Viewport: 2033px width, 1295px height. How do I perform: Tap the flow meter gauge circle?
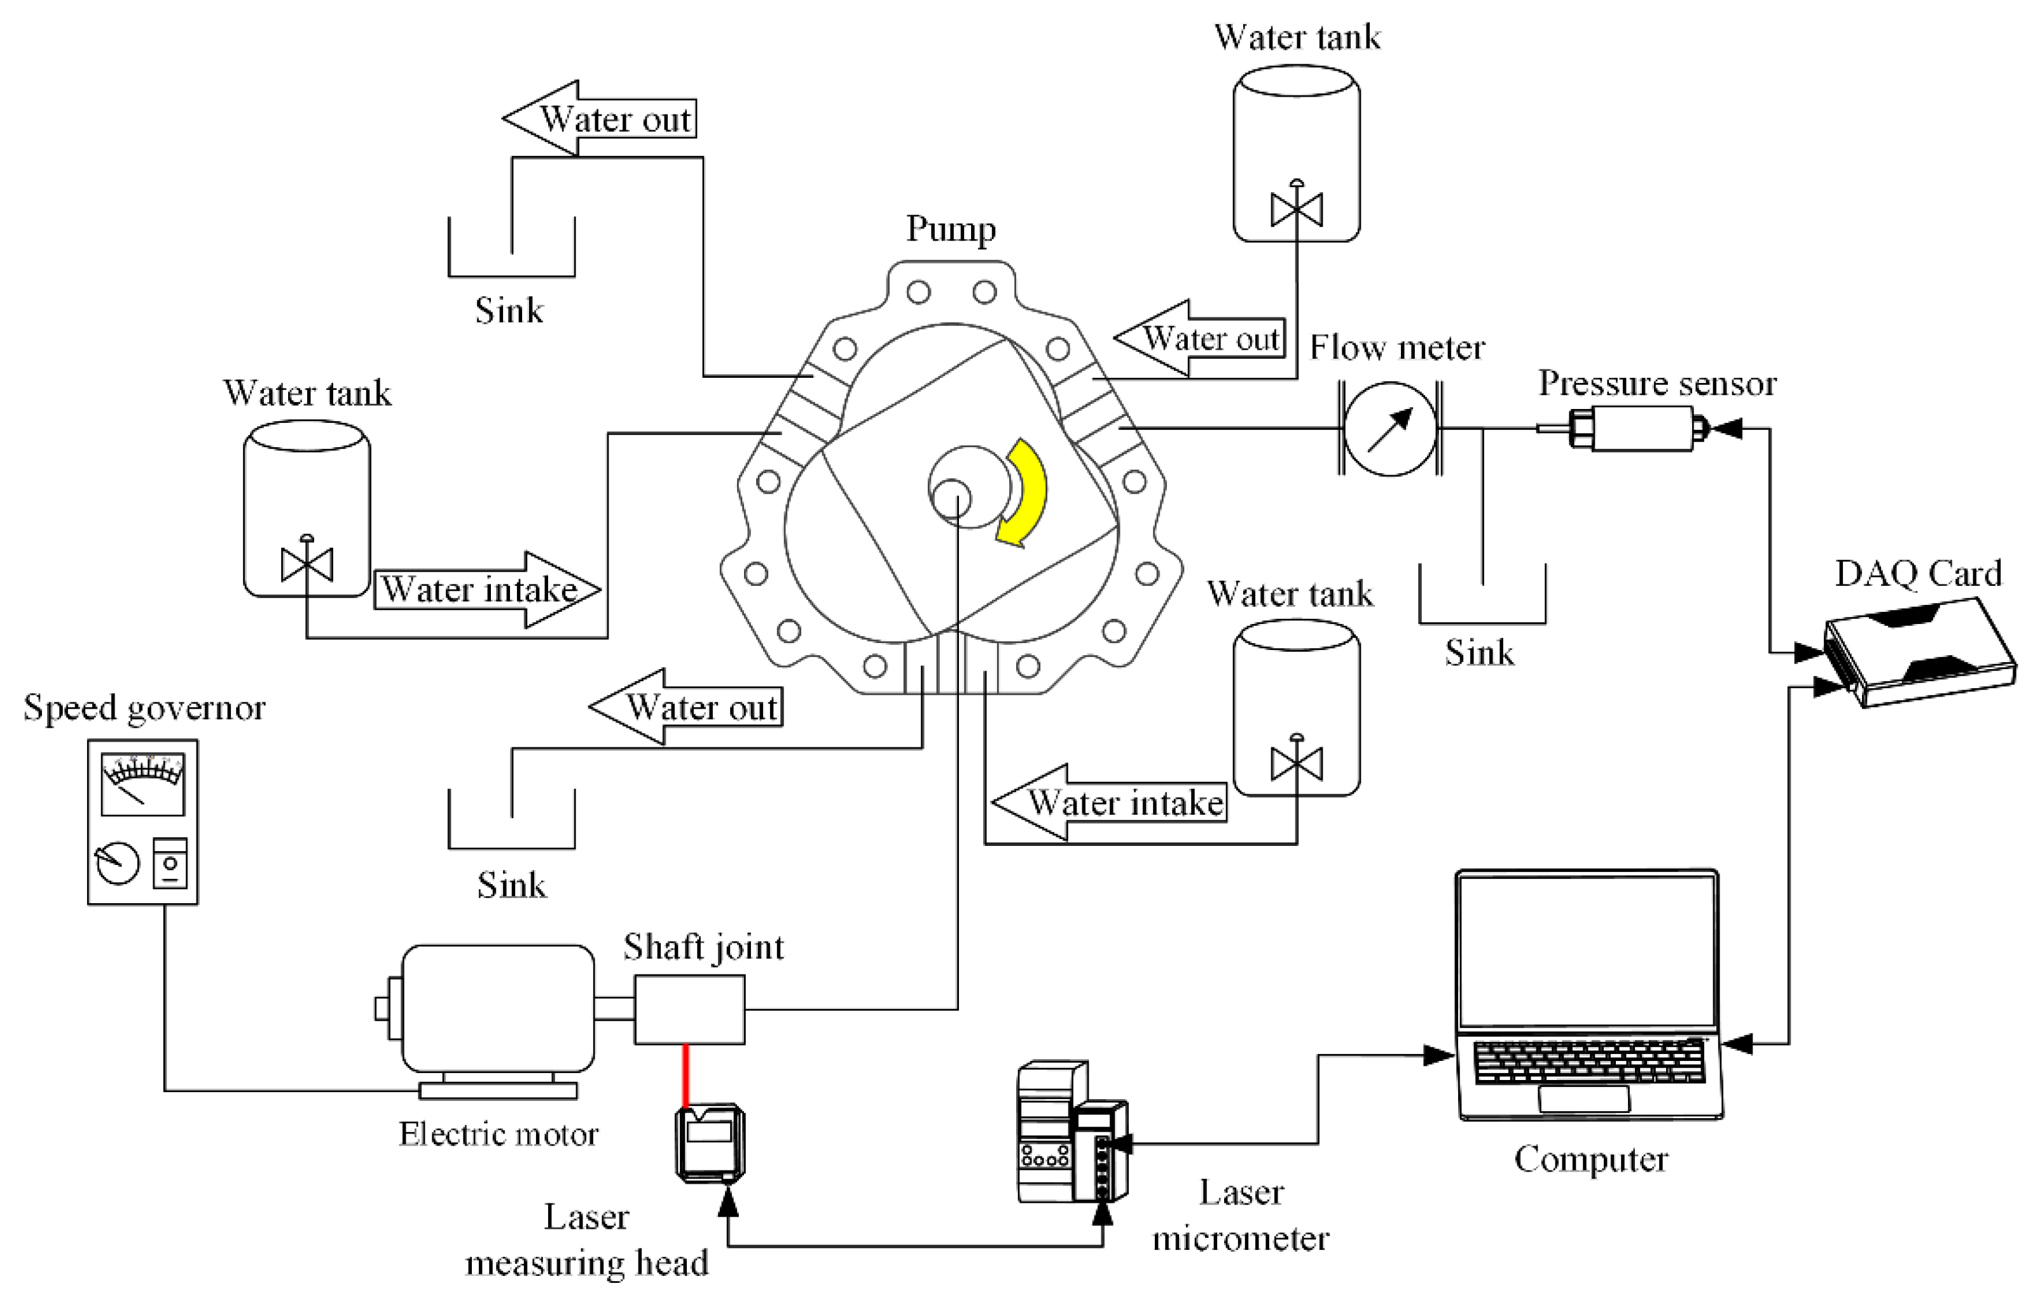(1389, 428)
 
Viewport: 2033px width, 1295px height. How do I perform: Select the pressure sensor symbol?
(1634, 428)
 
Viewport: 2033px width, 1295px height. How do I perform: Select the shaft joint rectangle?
(689, 1009)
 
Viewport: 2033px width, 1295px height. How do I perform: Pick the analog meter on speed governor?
(142, 784)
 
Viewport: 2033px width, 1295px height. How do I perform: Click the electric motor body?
(498, 1009)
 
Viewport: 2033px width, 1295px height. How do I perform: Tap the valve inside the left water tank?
(307, 564)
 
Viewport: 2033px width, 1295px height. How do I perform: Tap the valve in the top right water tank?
(1296, 209)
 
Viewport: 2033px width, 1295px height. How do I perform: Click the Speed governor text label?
(144, 707)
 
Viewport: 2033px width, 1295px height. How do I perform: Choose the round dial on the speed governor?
(118, 862)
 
